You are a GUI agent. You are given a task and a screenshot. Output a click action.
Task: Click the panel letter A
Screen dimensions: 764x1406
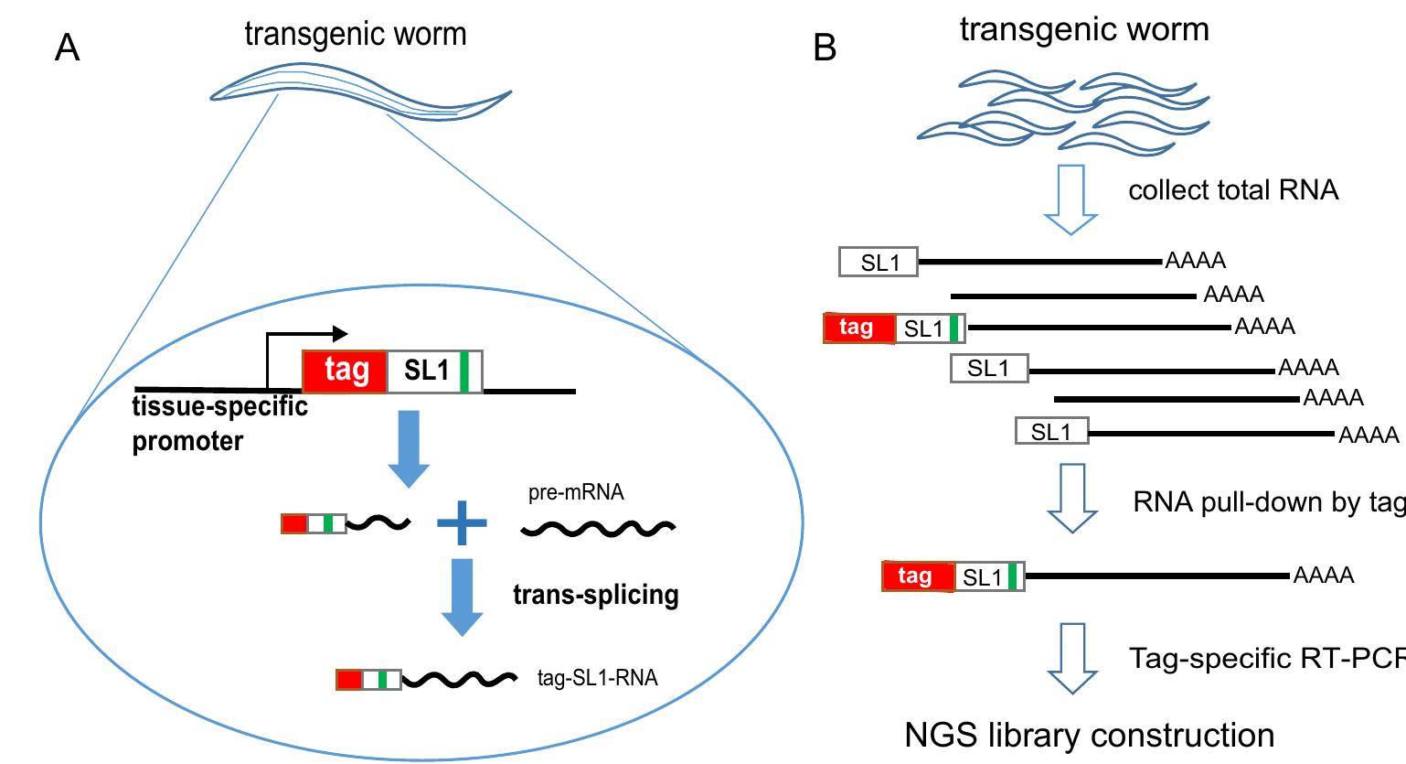pyautogui.click(x=68, y=48)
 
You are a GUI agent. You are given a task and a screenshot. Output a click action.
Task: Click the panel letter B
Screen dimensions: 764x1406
pyautogui.click(x=825, y=48)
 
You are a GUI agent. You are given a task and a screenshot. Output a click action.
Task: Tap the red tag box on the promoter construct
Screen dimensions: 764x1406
pyautogui.click(x=346, y=371)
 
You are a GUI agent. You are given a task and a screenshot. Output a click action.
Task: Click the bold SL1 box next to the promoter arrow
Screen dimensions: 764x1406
pyautogui.click(x=434, y=371)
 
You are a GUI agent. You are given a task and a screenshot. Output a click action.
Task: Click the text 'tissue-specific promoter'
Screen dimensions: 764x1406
pyautogui.click(x=219, y=424)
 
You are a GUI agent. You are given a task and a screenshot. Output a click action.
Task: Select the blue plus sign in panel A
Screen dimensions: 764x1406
pyautogui.click(x=462, y=523)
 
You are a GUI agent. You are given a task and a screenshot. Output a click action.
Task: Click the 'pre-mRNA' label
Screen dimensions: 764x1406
pyautogui.click(x=576, y=493)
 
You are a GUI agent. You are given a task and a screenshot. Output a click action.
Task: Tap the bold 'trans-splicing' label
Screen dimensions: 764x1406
pyautogui.click(x=595, y=596)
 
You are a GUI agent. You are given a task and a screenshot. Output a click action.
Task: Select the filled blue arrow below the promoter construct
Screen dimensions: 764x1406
pyautogui.click(x=410, y=449)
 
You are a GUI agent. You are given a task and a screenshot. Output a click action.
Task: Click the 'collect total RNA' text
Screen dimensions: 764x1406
pyautogui.click(x=1233, y=190)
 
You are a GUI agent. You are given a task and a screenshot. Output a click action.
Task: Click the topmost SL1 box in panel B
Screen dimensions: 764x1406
pyautogui.click(x=879, y=263)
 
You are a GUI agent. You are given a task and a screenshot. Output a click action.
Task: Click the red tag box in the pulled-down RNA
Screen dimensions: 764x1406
pyautogui.click(x=917, y=576)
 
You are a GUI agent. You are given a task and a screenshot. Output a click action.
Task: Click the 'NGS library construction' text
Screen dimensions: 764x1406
pyautogui.click(x=1089, y=735)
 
